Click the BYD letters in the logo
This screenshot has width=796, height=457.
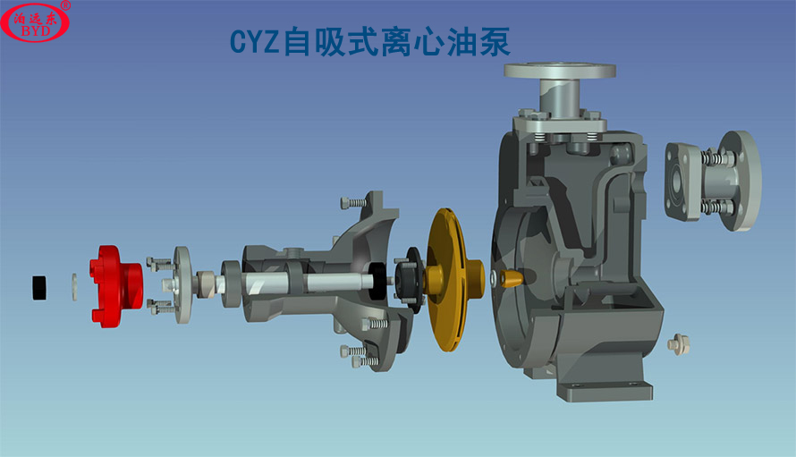point(35,30)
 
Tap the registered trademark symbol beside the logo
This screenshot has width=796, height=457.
point(66,5)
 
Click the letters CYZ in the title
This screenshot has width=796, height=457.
point(254,42)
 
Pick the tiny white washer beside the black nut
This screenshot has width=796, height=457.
point(73,284)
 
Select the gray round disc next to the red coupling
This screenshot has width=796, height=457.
point(183,284)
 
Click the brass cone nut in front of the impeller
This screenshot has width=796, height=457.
point(510,279)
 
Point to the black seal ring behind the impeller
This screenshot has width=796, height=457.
point(412,278)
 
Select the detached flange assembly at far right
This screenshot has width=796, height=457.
point(713,181)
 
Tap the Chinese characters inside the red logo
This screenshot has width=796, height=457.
point(35,16)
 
